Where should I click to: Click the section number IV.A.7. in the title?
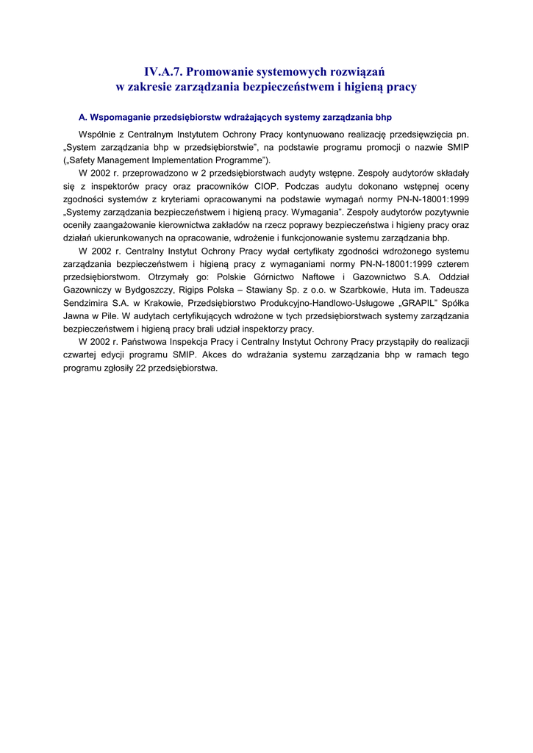tap(162, 71)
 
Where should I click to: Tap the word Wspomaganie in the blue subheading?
tap(121, 117)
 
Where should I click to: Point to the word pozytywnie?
tap(443, 212)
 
